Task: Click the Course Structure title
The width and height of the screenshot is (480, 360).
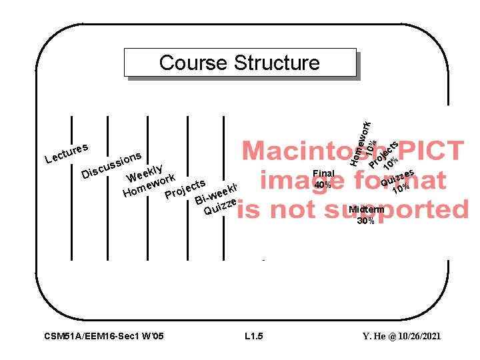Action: coord(239,63)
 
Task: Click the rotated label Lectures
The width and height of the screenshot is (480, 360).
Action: coord(67,151)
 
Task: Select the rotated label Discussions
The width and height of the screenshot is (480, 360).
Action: coord(111,165)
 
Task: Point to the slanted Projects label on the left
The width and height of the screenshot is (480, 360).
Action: coord(185,187)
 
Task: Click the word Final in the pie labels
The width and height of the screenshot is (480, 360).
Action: coord(323,173)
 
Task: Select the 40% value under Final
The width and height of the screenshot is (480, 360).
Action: coord(323,185)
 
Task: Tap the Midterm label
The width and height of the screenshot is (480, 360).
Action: coord(366,209)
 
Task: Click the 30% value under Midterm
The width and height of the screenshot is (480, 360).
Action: coord(365,221)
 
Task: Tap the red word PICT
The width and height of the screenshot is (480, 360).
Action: coord(427,151)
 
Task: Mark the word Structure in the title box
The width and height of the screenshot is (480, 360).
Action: coord(277,63)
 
